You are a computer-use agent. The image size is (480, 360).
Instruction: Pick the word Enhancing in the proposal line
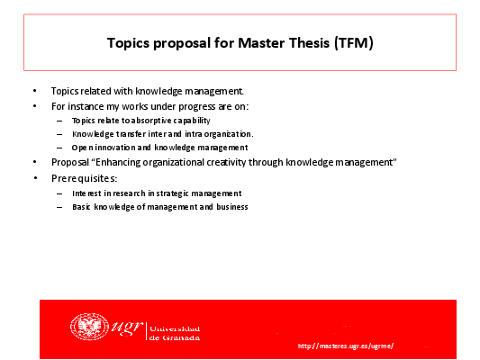pos(118,162)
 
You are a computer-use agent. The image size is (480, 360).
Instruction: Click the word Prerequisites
pos(84,178)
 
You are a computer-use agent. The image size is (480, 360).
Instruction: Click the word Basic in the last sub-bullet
pos(81,207)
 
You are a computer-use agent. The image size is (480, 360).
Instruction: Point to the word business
pos(232,207)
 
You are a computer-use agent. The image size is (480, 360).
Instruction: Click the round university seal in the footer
pos(89,327)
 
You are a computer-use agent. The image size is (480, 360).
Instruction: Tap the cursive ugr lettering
pos(127,328)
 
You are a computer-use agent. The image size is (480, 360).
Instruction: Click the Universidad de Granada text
pos(175,333)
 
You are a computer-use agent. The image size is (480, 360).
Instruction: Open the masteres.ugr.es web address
pos(346,346)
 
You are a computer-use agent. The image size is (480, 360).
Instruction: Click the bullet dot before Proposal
pos(35,162)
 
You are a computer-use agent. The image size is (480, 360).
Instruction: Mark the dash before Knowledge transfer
pos(59,134)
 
